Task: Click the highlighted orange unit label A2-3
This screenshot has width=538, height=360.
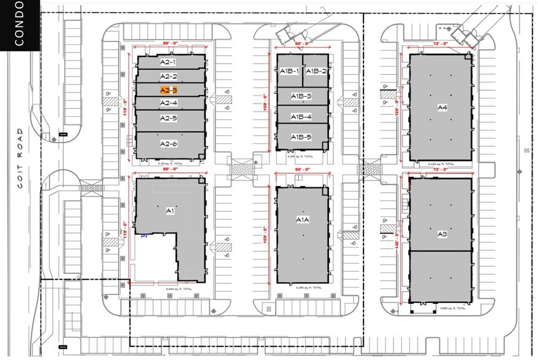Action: (x=169, y=89)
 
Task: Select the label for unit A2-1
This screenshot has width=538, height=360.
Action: (x=169, y=62)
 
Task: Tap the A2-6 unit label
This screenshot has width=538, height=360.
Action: (x=169, y=143)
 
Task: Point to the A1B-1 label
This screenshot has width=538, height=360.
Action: (x=289, y=71)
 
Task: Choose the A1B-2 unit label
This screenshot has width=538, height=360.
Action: (x=316, y=71)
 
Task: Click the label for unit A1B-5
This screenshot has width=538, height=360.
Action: (x=301, y=137)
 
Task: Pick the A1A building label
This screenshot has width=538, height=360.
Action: (x=301, y=219)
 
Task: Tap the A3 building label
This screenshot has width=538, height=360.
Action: (x=442, y=233)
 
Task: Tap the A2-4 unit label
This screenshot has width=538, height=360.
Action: (x=169, y=103)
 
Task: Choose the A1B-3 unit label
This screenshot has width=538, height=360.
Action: (x=301, y=96)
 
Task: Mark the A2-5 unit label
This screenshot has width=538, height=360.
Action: (x=169, y=118)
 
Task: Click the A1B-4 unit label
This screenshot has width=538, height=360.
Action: (x=301, y=116)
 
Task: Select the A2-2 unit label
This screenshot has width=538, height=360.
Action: (x=169, y=76)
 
